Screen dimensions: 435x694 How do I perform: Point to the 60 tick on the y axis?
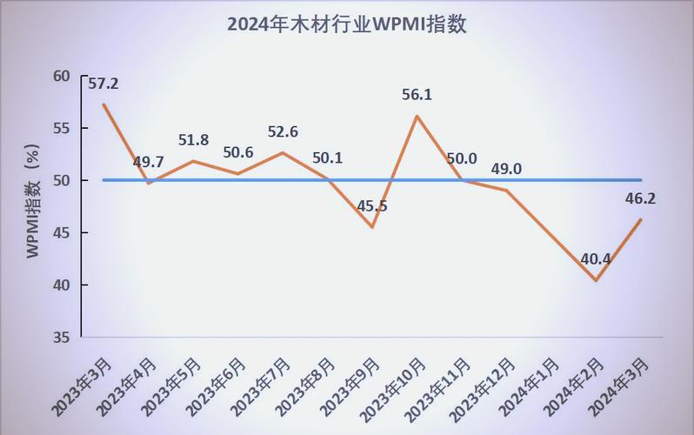tap(61, 76)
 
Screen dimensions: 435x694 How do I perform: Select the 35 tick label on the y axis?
tap(61, 337)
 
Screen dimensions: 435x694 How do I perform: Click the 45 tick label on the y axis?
tap(61, 232)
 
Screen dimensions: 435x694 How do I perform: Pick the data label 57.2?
tap(103, 84)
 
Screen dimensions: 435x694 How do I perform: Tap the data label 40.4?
tap(597, 259)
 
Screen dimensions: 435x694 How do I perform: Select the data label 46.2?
tap(640, 198)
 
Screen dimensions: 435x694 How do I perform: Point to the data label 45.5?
tap(372, 206)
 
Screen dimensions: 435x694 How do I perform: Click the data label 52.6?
tap(282, 132)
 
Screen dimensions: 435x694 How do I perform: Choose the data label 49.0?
tap(505, 169)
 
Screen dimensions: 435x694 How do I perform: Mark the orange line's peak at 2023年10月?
tap(417, 117)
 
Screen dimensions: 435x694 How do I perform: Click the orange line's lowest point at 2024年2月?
tap(597, 280)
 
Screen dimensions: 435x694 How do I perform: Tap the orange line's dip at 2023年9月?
tap(372, 227)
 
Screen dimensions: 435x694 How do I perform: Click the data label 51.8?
tap(193, 140)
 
